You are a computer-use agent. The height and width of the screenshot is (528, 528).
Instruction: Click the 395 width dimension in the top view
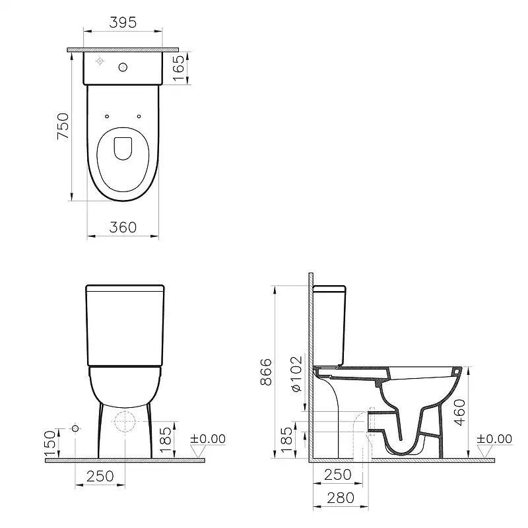[122, 22]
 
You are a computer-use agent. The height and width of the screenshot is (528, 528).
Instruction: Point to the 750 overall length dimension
[63, 125]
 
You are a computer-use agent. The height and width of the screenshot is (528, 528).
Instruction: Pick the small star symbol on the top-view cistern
[100, 61]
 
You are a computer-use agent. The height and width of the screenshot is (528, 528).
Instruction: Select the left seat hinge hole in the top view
[106, 116]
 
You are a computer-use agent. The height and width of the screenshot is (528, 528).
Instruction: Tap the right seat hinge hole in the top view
[139, 116]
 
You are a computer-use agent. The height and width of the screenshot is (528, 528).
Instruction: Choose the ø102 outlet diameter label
[296, 375]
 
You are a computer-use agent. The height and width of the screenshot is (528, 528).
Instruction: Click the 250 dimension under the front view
[100, 476]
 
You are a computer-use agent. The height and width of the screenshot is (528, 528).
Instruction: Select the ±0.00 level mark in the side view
[494, 439]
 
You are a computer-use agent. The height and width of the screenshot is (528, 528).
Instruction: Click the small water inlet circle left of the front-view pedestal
[75, 429]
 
